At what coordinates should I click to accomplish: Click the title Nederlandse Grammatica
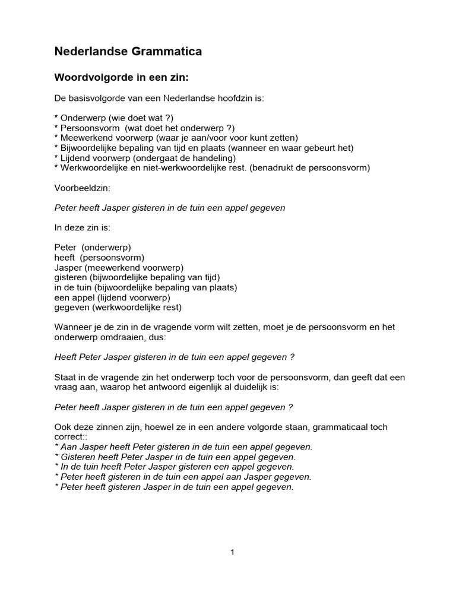click(128, 52)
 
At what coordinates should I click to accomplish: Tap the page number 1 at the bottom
click(233, 552)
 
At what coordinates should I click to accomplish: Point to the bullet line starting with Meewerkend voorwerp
click(176, 138)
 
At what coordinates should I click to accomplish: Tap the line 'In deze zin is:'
click(83, 227)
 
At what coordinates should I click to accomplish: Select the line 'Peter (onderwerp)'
click(92, 247)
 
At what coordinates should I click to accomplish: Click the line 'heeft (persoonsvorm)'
click(99, 257)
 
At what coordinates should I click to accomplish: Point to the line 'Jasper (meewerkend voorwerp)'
click(119, 267)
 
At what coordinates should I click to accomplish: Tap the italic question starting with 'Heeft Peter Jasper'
click(175, 357)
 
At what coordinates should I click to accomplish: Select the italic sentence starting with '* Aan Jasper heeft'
click(183, 446)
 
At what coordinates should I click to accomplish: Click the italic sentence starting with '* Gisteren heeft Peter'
click(175, 457)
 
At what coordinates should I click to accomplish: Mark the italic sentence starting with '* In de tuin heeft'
click(174, 467)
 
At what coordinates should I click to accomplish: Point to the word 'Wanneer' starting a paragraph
click(72, 327)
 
